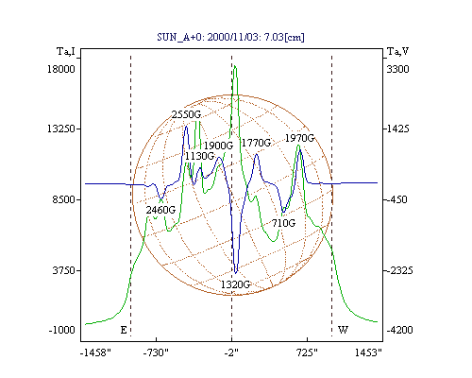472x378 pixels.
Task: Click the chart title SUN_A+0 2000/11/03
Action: tap(230, 37)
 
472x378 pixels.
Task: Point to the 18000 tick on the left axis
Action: tap(61, 69)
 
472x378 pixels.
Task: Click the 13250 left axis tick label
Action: tap(61, 129)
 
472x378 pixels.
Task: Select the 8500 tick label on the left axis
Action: tap(64, 199)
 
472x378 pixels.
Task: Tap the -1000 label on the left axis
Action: tap(62, 330)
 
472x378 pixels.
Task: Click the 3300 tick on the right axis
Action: tap(397, 69)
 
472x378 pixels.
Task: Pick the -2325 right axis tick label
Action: tap(398, 270)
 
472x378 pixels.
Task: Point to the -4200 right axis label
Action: tap(399, 330)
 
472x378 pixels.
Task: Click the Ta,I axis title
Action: tap(66, 51)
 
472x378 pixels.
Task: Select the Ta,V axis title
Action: tap(397, 51)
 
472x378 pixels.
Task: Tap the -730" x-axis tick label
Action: tap(156, 352)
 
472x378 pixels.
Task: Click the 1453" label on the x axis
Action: tap(368, 352)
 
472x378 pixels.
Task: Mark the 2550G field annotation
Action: tap(186, 114)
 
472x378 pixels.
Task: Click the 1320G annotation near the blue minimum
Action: tap(235, 284)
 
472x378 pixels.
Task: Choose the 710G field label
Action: tap(284, 223)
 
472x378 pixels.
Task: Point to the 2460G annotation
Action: tap(160, 210)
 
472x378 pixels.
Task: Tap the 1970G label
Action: tap(299, 138)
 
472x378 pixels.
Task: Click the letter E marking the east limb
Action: tap(124, 330)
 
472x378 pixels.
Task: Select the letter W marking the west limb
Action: tap(343, 330)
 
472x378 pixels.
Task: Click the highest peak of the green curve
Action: tap(235, 66)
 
